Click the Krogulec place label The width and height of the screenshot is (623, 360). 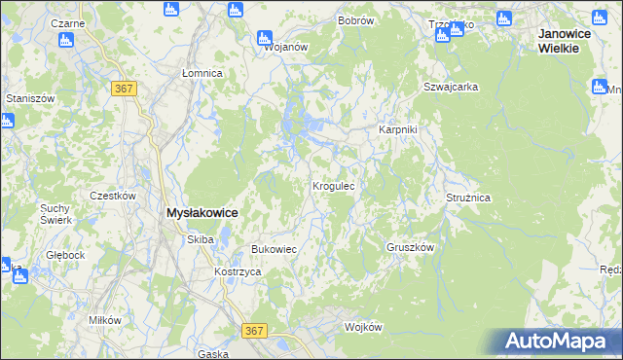click(339, 185)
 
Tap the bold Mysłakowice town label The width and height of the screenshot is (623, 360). click(202, 212)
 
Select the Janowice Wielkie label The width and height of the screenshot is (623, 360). click(569, 41)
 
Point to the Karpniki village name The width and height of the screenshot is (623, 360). click(397, 130)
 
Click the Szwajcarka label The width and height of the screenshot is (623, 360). click(451, 87)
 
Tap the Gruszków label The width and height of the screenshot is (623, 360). click(409, 247)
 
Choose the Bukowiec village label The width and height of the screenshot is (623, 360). click(274, 249)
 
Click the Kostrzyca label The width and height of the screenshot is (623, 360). click(238, 271)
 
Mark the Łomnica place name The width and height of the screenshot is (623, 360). click(203, 73)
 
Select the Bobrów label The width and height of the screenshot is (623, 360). click(355, 20)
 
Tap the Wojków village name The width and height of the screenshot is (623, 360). click(363, 327)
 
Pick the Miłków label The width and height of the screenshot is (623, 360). click(104, 320)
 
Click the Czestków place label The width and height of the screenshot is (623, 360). click(112, 195)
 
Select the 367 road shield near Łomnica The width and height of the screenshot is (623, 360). click(124, 89)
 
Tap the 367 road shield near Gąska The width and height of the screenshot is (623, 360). click(255, 332)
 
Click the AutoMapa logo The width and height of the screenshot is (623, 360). click(560, 342)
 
